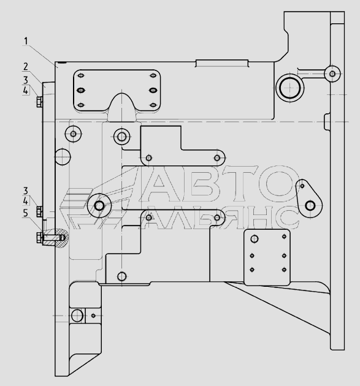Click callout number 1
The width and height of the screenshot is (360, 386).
click(x=26, y=42)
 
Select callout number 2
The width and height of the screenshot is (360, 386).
click(x=26, y=67)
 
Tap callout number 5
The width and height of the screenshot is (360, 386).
click(x=26, y=213)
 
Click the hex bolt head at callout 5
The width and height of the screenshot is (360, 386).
click(x=39, y=238)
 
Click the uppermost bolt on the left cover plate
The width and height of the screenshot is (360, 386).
click(x=39, y=102)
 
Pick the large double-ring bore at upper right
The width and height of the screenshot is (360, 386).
click(x=289, y=88)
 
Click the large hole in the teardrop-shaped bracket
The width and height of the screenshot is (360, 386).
click(x=310, y=205)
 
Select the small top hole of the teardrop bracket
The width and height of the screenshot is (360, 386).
click(x=302, y=186)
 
